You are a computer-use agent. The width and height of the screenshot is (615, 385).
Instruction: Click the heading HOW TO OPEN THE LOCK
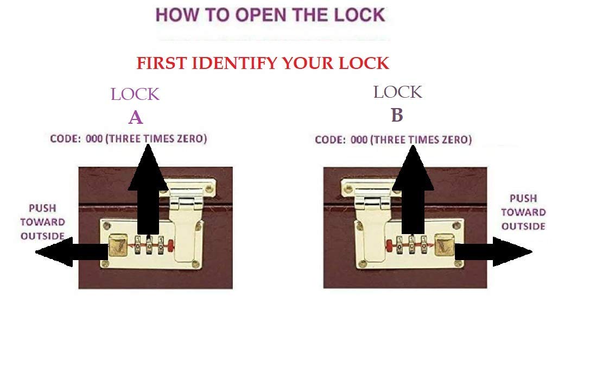point(271,15)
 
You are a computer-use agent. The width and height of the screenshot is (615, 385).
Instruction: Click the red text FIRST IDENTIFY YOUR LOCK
point(263,63)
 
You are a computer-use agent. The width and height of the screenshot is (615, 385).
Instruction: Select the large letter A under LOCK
point(136,117)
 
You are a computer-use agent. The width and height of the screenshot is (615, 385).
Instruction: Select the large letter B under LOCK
point(397,115)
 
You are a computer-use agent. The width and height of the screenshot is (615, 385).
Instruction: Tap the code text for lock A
point(129,138)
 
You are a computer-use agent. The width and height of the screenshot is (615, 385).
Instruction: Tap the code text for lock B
point(394,140)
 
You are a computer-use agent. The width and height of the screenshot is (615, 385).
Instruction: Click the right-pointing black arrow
point(493,251)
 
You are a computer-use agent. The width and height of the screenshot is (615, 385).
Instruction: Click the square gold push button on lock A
point(118,245)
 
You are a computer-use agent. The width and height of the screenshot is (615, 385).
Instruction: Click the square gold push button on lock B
point(445,244)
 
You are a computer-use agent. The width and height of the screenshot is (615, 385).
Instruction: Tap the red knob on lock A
point(170,246)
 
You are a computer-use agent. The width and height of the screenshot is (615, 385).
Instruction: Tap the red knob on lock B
point(389,246)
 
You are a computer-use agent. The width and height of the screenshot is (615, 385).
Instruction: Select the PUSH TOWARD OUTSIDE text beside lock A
point(42,222)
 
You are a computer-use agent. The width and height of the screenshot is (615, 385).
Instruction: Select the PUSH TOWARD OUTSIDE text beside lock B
point(523,212)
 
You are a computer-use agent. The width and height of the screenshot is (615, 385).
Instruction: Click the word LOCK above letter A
point(135,94)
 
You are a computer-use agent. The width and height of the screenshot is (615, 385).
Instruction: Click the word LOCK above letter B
point(398,92)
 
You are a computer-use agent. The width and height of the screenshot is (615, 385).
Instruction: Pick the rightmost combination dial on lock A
point(161,245)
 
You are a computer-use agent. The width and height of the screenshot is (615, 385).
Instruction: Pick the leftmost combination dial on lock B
point(400,245)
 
